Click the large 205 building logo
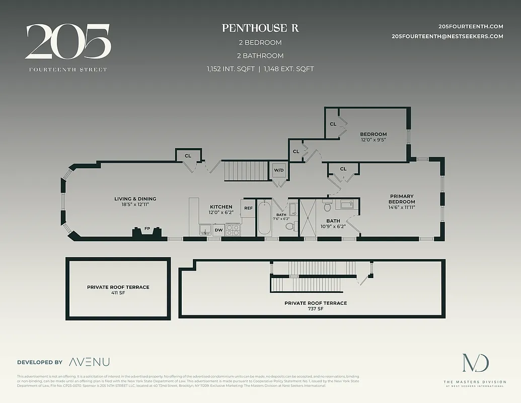(x=67, y=42)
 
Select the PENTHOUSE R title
(x=260, y=28)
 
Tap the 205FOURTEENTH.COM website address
(x=471, y=26)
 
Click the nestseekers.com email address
(x=448, y=36)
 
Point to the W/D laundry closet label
(x=279, y=170)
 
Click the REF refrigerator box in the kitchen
(x=248, y=208)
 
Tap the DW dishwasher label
(x=218, y=230)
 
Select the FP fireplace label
(x=147, y=229)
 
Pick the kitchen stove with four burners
(x=233, y=230)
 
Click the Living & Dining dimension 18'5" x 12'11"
(x=135, y=205)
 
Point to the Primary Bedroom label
(x=401, y=199)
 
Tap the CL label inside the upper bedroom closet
(x=333, y=124)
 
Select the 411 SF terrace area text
(x=118, y=293)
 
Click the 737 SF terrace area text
(x=315, y=309)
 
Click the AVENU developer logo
(x=89, y=362)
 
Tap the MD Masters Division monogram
(x=475, y=364)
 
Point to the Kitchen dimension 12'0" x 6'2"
(x=221, y=213)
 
